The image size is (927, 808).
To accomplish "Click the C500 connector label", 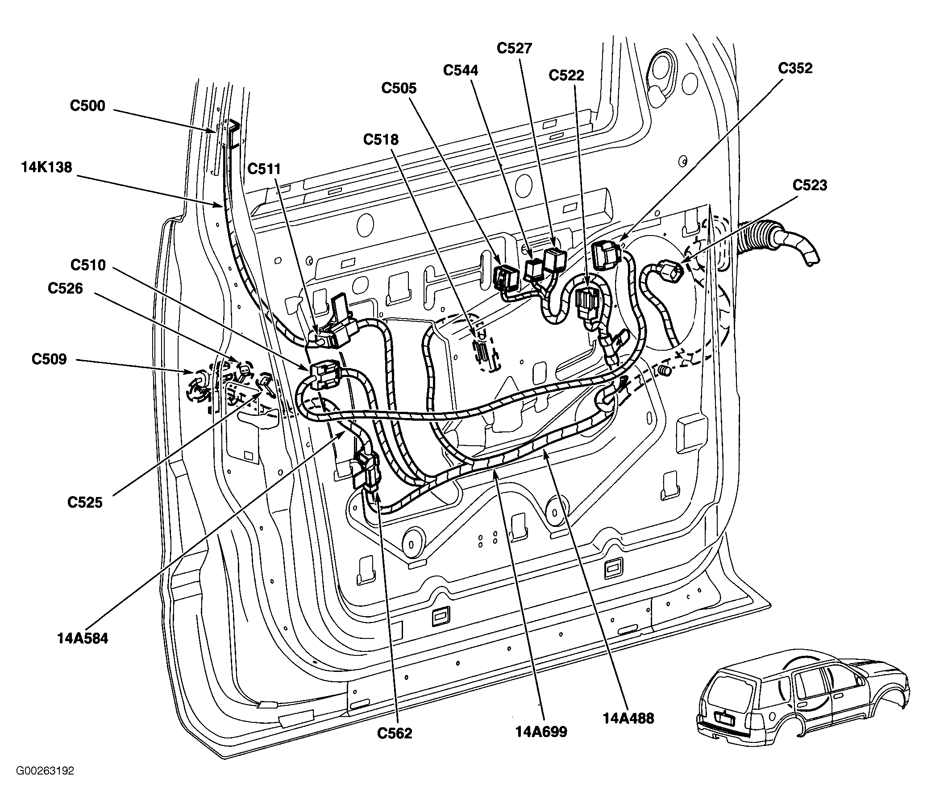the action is (87, 105).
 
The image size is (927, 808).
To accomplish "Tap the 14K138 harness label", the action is (46, 167).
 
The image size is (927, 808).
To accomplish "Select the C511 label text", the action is (264, 169).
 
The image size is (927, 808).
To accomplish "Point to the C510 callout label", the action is (88, 265).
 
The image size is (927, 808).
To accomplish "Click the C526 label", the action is (66, 288).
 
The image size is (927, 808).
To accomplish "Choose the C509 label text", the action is (49, 359).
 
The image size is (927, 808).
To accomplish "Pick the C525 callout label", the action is (85, 502).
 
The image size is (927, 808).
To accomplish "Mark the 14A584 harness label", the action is (83, 638).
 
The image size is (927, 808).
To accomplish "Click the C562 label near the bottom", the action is (395, 733).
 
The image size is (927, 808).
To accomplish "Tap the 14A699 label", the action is (541, 732).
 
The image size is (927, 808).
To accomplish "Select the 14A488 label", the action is (628, 718).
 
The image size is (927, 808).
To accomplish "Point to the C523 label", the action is (810, 185).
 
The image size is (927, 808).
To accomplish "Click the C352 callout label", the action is (795, 68).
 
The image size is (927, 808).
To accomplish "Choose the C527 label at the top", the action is (514, 48).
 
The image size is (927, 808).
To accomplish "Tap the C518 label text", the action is (381, 140).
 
